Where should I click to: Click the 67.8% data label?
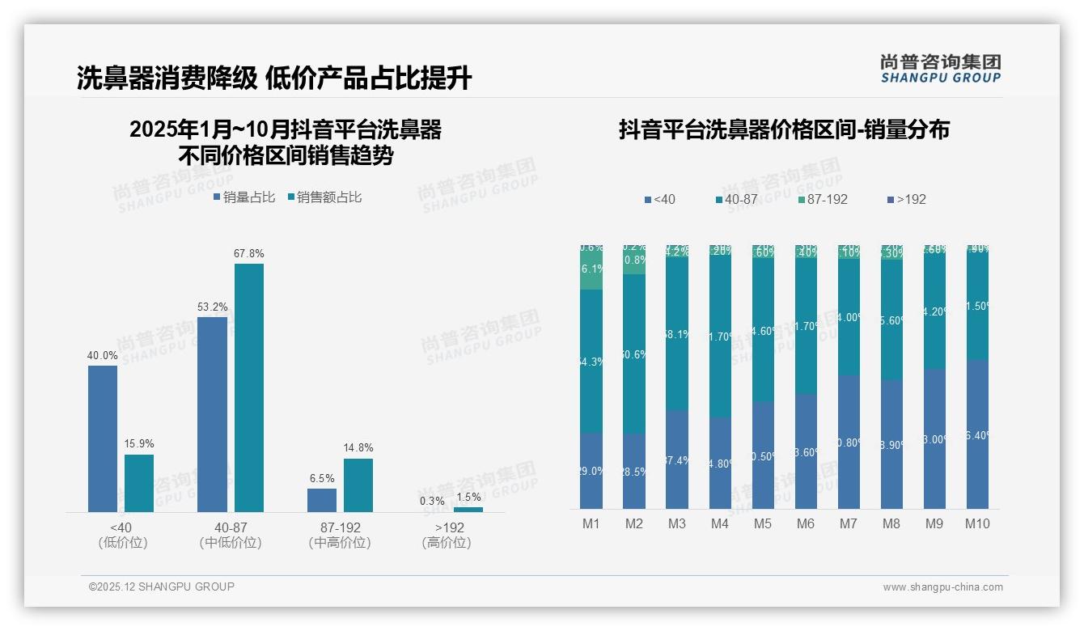pyautogui.click(x=249, y=254)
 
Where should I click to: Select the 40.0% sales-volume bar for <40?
pyautogui.click(x=103, y=438)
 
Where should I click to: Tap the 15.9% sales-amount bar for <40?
pyautogui.click(x=139, y=483)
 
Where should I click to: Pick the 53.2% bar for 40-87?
pyautogui.click(x=212, y=414)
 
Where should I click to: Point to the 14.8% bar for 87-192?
pyautogui.click(x=358, y=485)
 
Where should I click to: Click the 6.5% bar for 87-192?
pyautogui.click(x=322, y=500)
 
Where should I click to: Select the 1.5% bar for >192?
pyautogui.click(x=468, y=509)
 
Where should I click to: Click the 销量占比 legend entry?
pyautogui.click(x=244, y=197)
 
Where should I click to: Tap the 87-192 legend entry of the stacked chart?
pyautogui.click(x=822, y=199)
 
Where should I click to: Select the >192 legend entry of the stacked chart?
pyautogui.click(x=907, y=199)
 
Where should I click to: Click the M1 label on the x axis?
pyautogui.click(x=591, y=523)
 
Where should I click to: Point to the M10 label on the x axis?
pyautogui.click(x=977, y=523)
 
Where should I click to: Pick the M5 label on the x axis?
pyautogui.click(x=763, y=523)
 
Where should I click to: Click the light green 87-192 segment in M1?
pyautogui.click(x=591, y=270)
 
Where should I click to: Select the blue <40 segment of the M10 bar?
pyautogui.click(x=977, y=434)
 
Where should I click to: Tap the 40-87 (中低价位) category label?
pyautogui.click(x=231, y=535)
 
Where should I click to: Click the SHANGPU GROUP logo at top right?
pyautogui.click(x=941, y=69)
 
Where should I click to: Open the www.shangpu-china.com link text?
pyautogui.click(x=942, y=587)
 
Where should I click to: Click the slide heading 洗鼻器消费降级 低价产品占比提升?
pyautogui.click(x=274, y=78)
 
